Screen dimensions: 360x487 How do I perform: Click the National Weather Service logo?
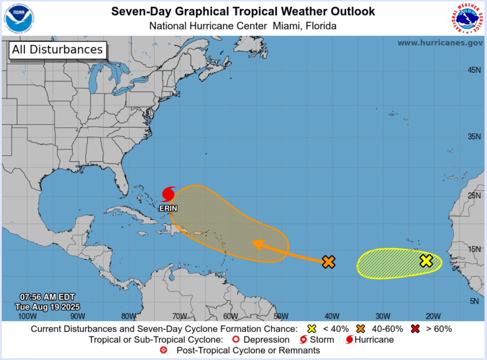(467, 19)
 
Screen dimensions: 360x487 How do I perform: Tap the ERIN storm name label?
(168, 208)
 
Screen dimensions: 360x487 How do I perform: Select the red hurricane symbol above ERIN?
(168, 194)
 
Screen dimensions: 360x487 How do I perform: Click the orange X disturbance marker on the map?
(328, 262)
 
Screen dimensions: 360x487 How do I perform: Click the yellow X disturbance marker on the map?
(426, 261)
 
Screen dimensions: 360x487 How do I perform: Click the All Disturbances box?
(58, 49)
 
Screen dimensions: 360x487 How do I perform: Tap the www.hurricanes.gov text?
(440, 43)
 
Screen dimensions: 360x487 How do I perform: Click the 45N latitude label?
(474, 70)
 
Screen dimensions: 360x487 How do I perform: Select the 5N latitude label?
(474, 301)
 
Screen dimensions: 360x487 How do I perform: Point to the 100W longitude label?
(27, 316)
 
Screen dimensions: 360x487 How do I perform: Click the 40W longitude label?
(332, 316)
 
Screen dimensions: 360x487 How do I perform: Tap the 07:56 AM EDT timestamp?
(47, 297)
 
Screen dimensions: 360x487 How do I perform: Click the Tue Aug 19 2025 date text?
(47, 307)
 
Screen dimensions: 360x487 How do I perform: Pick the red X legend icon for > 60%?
(415, 329)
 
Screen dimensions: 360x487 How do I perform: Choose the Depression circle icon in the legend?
(236, 340)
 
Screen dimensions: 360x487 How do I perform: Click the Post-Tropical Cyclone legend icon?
(164, 350)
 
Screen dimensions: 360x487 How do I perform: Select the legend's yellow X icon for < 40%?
(312, 329)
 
